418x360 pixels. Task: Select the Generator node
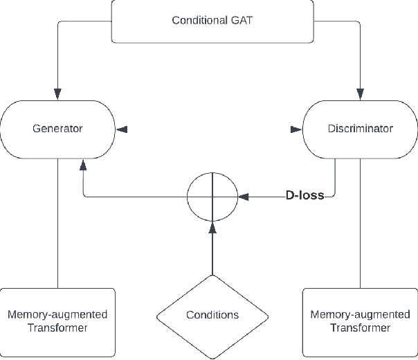pyautogui.click(x=57, y=128)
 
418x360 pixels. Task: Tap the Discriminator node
pyautogui.click(x=360, y=128)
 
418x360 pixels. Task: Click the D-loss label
pyautogui.click(x=305, y=196)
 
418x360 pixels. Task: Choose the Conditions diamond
pyautogui.click(x=212, y=315)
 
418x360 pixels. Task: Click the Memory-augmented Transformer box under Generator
pyautogui.click(x=57, y=321)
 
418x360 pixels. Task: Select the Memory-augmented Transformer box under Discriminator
pyautogui.click(x=360, y=321)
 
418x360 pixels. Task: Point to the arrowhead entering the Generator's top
pyautogui.click(x=57, y=93)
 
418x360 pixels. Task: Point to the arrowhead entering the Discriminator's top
pyautogui.click(x=360, y=93)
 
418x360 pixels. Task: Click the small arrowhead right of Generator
pyautogui.click(x=122, y=128)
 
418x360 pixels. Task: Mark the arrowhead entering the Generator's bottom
pyautogui.click(x=84, y=164)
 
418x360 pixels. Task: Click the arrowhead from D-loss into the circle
pyautogui.click(x=243, y=197)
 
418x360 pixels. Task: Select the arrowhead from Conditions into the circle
pyautogui.click(x=212, y=227)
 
